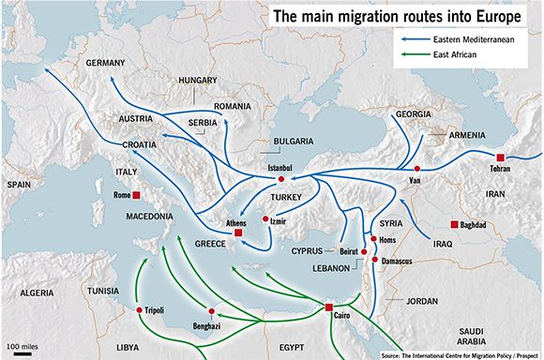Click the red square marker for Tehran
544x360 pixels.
(x=501, y=157)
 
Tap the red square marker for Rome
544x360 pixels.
(x=137, y=195)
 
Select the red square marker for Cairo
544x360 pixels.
(x=328, y=307)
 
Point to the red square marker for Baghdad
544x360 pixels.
(x=455, y=224)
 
